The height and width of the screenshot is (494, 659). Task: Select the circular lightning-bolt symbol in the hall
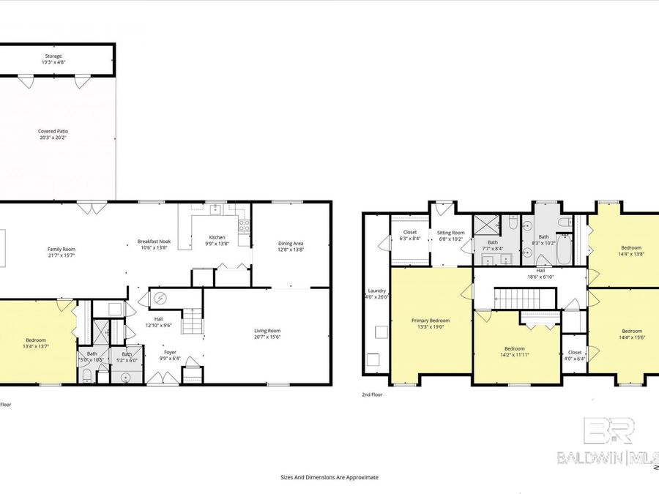pos(160,298)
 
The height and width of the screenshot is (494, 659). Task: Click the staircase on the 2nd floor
pos(517,298)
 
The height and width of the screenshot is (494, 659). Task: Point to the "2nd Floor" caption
pos(372,394)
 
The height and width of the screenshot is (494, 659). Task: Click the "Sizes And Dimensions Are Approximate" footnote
pos(329,476)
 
